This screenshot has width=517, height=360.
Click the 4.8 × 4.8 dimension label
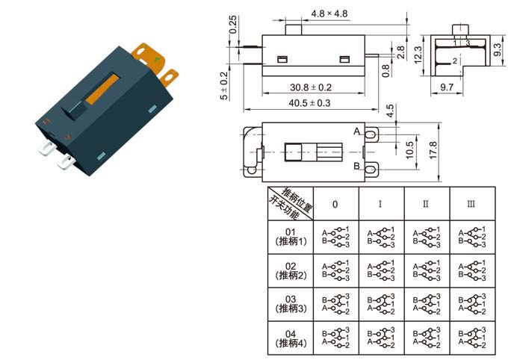[329, 13]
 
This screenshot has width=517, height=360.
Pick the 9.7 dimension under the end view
[446, 88]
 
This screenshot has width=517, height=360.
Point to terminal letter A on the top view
[356, 132]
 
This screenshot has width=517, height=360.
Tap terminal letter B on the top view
[356, 166]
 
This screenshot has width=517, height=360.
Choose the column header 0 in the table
[335, 204]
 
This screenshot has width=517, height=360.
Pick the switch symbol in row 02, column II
[427, 271]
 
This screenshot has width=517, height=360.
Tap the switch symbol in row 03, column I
[381, 305]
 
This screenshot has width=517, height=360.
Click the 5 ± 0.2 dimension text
[223, 87]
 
